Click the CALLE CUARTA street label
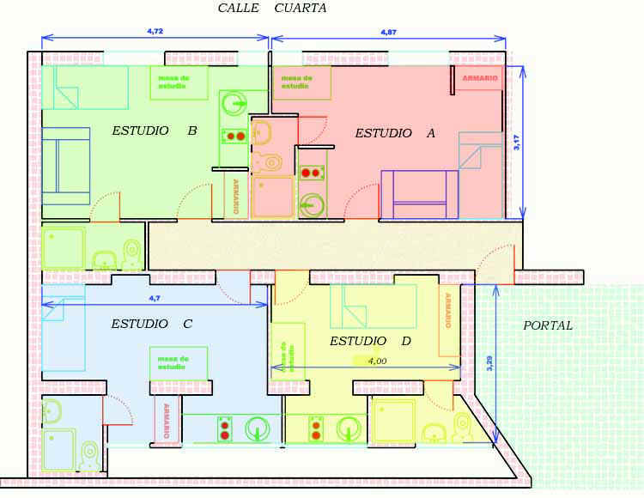(x=272, y=8)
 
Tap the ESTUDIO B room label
(x=155, y=131)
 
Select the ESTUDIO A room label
(x=395, y=133)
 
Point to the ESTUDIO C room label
(x=151, y=324)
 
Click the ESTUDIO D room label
(x=370, y=341)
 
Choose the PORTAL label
(x=548, y=325)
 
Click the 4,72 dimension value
(x=155, y=31)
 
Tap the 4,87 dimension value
(x=388, y=32)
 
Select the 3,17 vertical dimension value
(x=517, y=143)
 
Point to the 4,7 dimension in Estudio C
(x=155, y=298)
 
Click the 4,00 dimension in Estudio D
(x=377, y=361)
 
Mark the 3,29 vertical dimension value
(x=489, y=363)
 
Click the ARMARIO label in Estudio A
(x=480, y=77)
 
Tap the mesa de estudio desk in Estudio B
(x=179, y=82)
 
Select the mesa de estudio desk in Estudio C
(x=179, y=363)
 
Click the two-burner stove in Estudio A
(x=311, y=173)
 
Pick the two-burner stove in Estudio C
(x=225, y=429)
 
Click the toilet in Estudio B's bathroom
(x=132, y=254)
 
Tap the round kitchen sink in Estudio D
(x=349, y=428)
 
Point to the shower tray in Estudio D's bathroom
(x=393, y=422)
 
